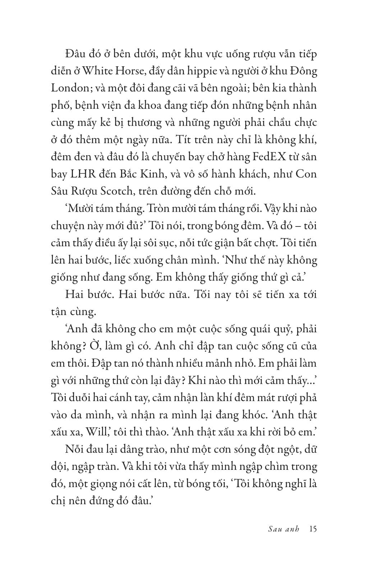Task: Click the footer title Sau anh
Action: click(x=284, y=530)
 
